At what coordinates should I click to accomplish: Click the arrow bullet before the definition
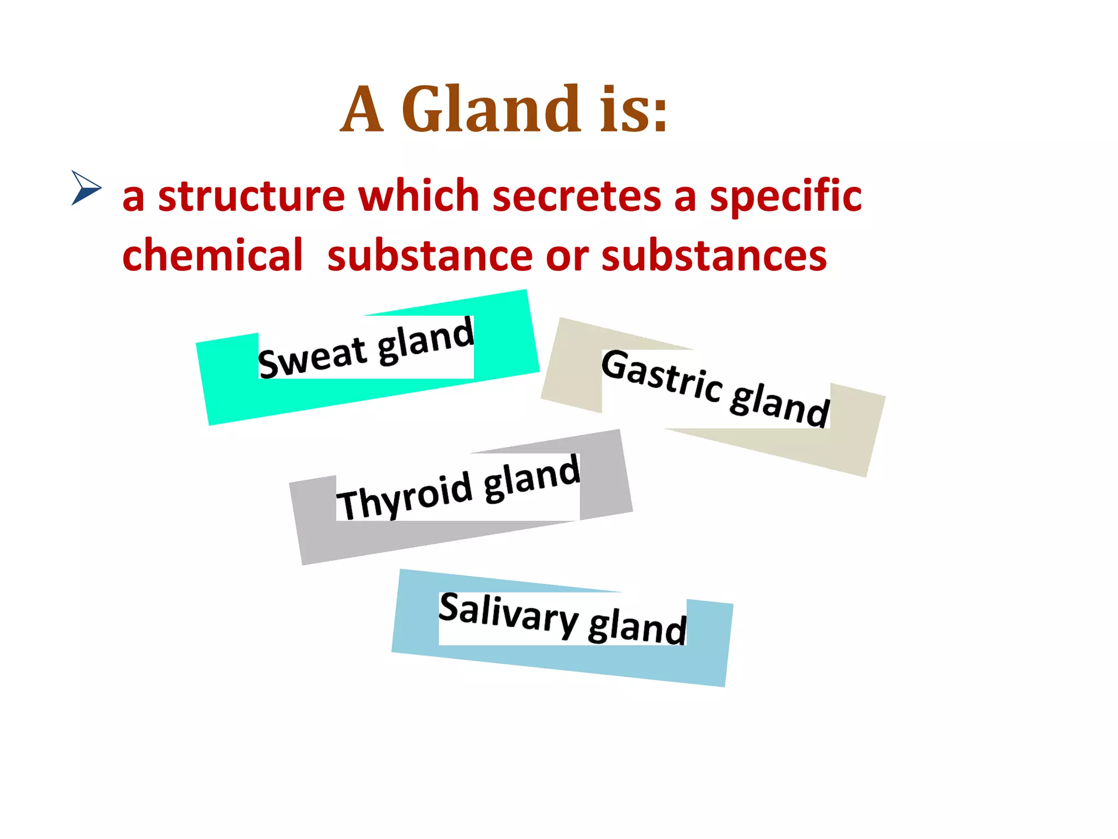(86, 188)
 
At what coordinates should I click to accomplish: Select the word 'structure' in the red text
(251, 196)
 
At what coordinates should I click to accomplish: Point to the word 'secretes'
(576, 196)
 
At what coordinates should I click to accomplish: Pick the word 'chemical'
(212, 256)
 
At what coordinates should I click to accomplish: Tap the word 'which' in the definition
(419, 196)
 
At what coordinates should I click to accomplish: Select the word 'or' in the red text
(567, 256)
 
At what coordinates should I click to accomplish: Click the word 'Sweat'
(312, 358)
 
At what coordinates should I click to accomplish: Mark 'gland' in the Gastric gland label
(780, 405)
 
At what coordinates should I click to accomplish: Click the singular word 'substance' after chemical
(430, 256)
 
